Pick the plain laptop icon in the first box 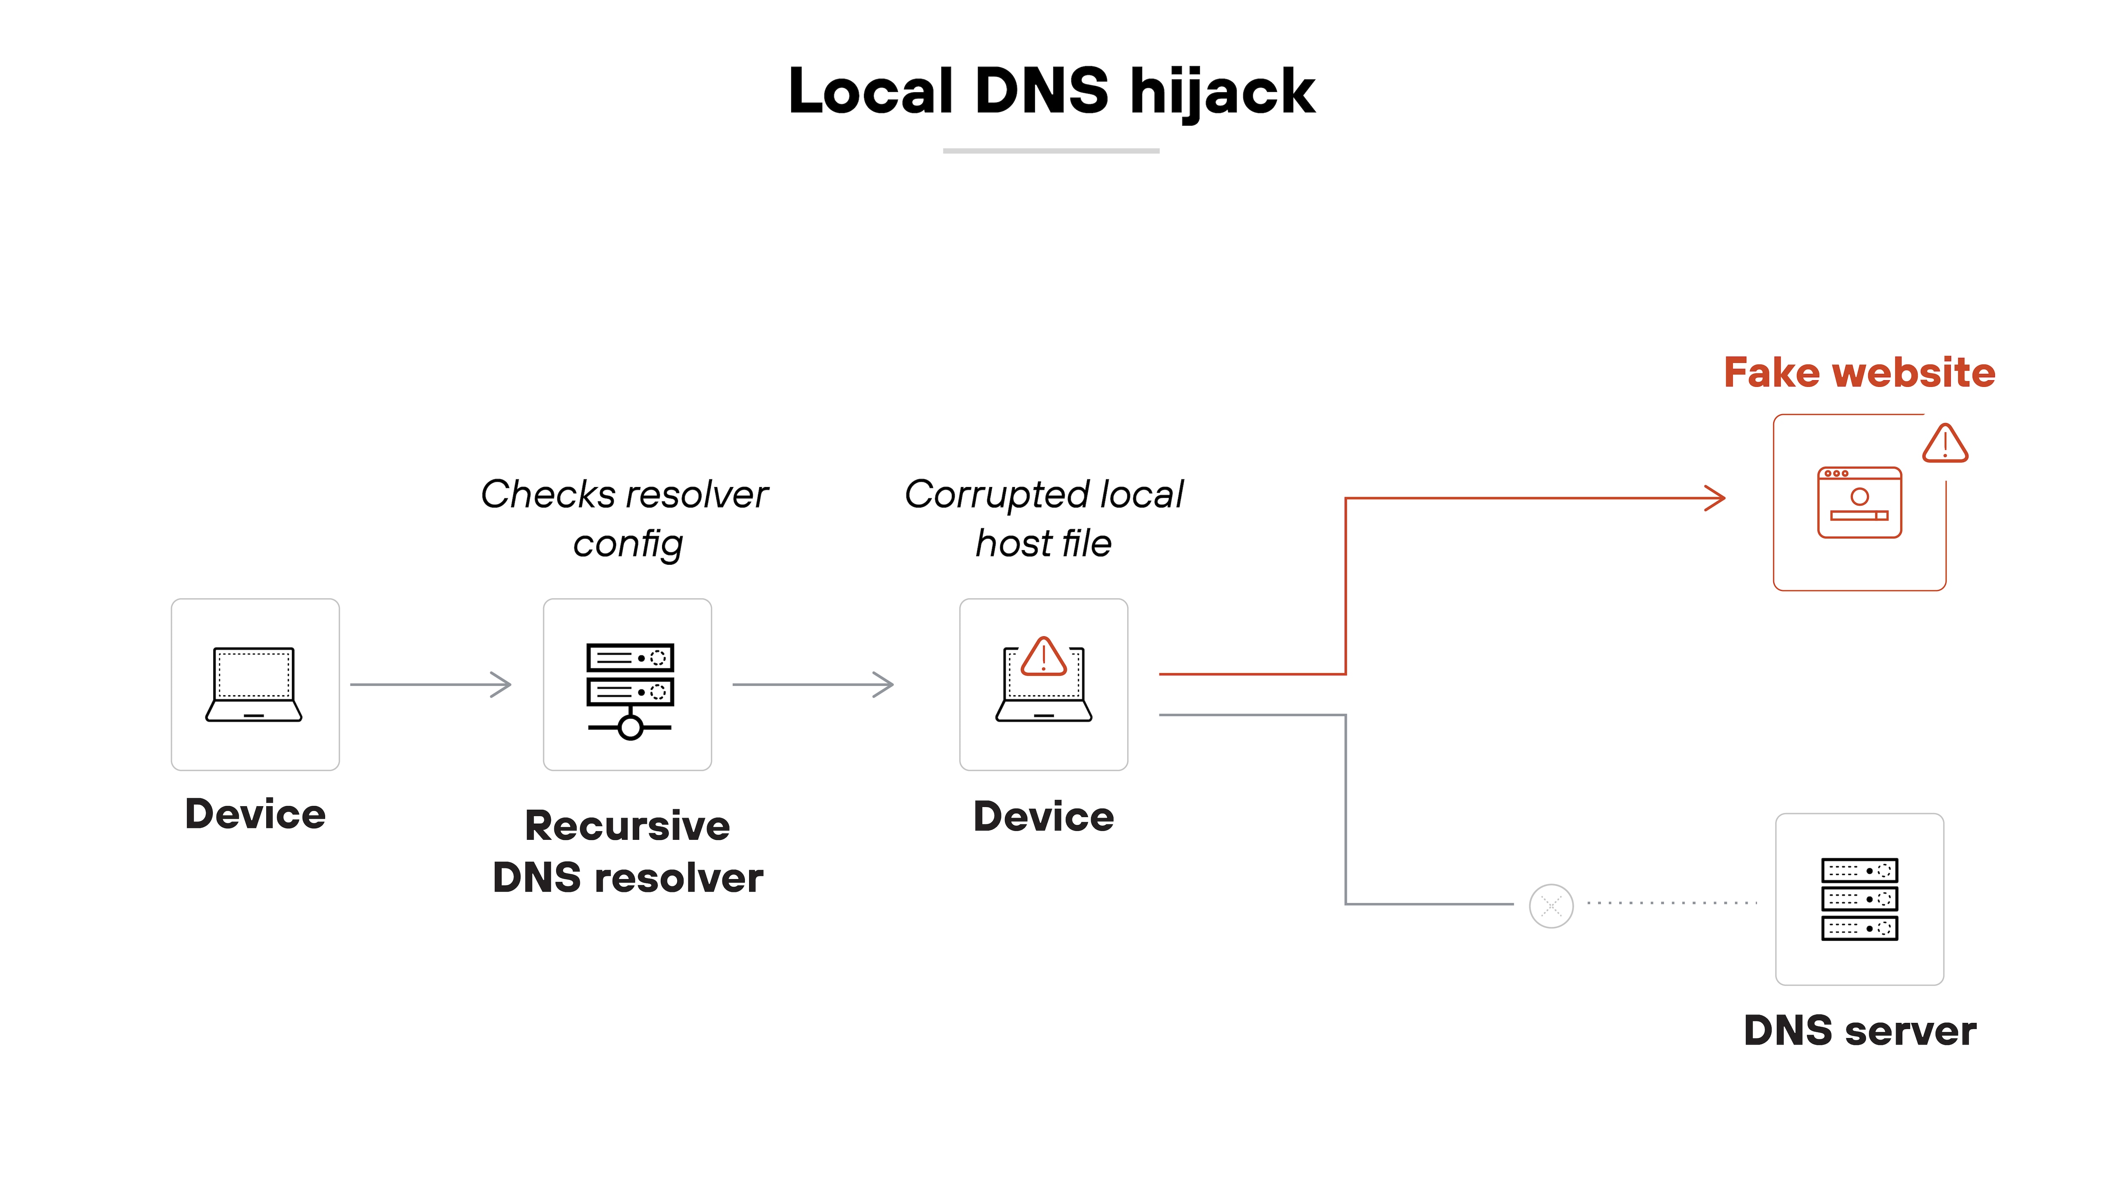[254, 684]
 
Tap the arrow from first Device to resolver [430, 684]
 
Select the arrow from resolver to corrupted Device [812, 684]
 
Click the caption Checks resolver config [625, 519]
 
